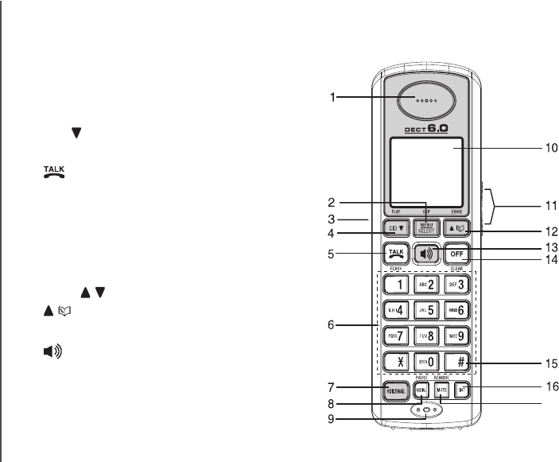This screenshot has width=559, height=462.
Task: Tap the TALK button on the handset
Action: click(396, 254)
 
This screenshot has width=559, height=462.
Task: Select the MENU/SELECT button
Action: click(425, 227)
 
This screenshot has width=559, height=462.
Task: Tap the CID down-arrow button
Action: click(396, 227)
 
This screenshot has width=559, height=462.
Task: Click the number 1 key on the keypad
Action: click(396, 284)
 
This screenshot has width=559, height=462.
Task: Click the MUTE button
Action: click(441, 390)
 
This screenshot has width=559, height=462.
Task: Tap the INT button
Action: click(462, 390)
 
